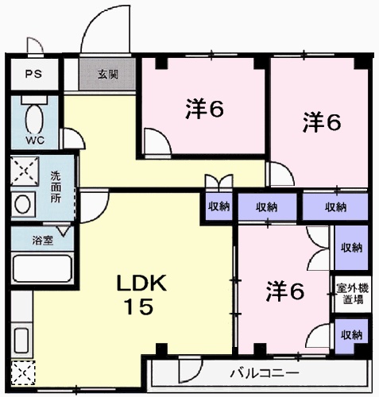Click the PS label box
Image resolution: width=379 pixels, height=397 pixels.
coord(33,75)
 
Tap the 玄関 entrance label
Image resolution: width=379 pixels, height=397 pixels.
coord(108,75)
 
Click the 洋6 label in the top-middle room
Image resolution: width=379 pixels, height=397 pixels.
coord(204,109)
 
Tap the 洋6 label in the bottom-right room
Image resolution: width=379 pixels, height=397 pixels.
coord(284,291)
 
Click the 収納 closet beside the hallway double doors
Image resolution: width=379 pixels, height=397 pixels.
coord(219,206)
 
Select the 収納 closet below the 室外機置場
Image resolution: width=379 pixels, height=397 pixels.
coord(350,334)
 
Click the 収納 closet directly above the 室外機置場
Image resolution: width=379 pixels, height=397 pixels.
coord(350,248)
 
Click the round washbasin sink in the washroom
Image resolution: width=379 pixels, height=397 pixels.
coord(23,204)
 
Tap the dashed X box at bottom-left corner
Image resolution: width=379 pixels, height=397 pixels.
coord(22,372)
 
